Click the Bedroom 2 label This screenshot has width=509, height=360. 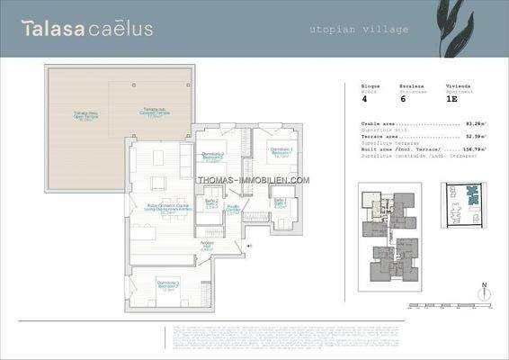point(212,156)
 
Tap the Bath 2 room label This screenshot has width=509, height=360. point(211,203)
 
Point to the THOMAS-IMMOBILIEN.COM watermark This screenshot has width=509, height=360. point(254,180)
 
